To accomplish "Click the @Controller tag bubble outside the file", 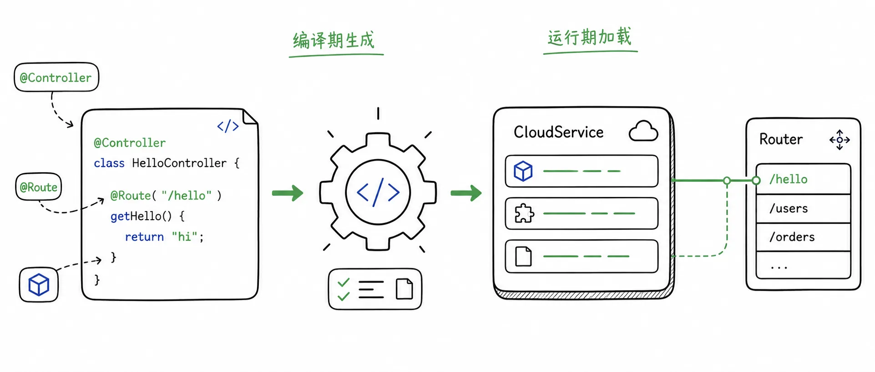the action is tap(56, 77).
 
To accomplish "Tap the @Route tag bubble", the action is tap(39, 187).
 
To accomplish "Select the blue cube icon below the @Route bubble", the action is tap(39, 285).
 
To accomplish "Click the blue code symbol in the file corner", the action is tap(228, 126).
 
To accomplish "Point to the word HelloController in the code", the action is tap(179, 163).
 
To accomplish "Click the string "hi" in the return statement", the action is tap(185, 236).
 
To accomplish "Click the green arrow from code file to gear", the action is tap(288, 193).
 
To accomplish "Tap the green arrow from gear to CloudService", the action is tap(466, 193).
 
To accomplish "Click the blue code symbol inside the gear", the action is tap(378, 192).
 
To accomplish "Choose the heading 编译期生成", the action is tap(334, 40).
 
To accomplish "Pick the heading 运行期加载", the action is tap(589, 36).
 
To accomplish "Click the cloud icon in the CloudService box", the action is tap(643, 131).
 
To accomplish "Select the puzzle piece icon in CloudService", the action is tap(524, 213).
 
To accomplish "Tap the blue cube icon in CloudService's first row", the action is tap(523, 171).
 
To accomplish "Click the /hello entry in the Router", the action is tap(789, 179).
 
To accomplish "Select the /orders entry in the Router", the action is tap(792, 237).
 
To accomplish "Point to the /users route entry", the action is tap(789, 208).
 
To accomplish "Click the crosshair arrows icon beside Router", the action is tap(840, 140).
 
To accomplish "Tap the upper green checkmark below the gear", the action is tap(344, 282).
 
